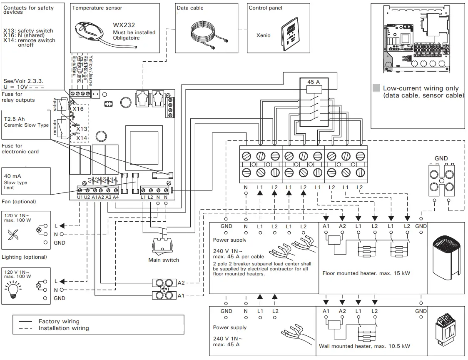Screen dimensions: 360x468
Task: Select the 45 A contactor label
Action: tap(314, 82)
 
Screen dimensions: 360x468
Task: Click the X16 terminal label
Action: tap(78, 109)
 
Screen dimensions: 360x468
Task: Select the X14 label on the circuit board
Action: tap(82, 137)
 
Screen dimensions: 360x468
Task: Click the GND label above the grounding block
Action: tap(441, 158)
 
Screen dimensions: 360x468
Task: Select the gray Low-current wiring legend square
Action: tap(376, 88)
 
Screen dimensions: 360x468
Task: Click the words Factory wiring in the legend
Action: tap(59, 321)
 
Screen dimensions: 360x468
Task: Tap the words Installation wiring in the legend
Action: tap(64, 328)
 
